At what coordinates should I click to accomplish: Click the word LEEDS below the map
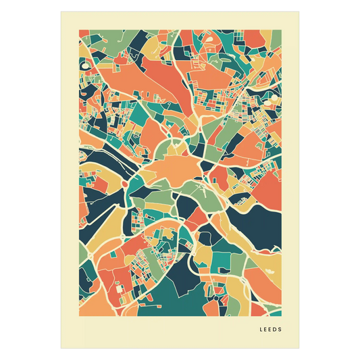[x=271, y=330]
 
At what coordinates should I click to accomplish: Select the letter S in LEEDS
[x=281, y=330]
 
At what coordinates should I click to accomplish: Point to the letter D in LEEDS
[x=276, y=330]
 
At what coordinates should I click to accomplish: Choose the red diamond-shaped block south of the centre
[x=196, y=216]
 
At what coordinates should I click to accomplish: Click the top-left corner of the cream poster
[x=60, y=11]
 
